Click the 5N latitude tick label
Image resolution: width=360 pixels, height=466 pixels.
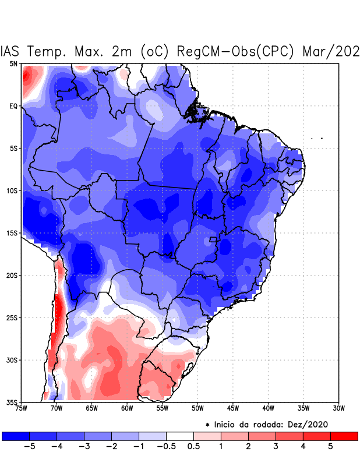(x=13, y=63)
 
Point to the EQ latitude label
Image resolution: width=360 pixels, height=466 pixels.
(x=13, y=106)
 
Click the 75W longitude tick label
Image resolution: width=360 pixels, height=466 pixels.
(x=22, y=408)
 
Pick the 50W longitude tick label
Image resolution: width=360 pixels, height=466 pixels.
(x=197, y=408)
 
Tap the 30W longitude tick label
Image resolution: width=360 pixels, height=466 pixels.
(x=338, y=408)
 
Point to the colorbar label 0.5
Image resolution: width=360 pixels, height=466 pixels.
(x=194, y=447)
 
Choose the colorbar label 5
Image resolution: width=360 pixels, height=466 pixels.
(x=330, y=447)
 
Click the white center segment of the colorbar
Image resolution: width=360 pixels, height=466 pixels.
(x=180, y=436)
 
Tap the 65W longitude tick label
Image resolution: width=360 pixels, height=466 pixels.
(x=92, y=408)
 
